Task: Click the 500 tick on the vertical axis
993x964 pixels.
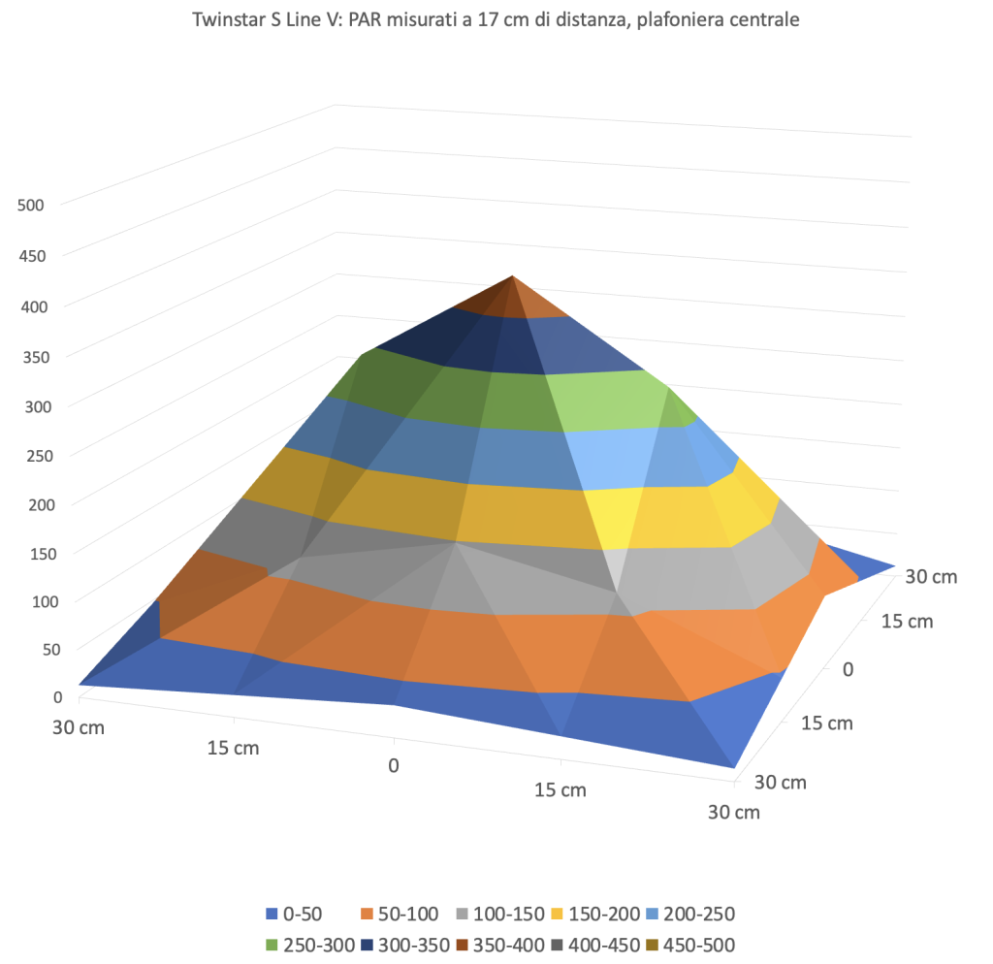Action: pos(32,205)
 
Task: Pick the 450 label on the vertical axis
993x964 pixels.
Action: pos(32,255)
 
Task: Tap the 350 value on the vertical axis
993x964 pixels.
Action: pos(32,355)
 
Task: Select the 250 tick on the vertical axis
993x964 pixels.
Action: pos(32,454)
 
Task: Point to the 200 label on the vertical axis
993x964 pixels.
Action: pos(32,503)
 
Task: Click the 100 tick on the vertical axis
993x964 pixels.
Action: pos(32,601)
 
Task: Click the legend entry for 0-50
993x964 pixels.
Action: pos(296,914)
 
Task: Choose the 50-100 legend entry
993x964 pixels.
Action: pos(400,914)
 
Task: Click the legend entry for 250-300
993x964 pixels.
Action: pos(302,945)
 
